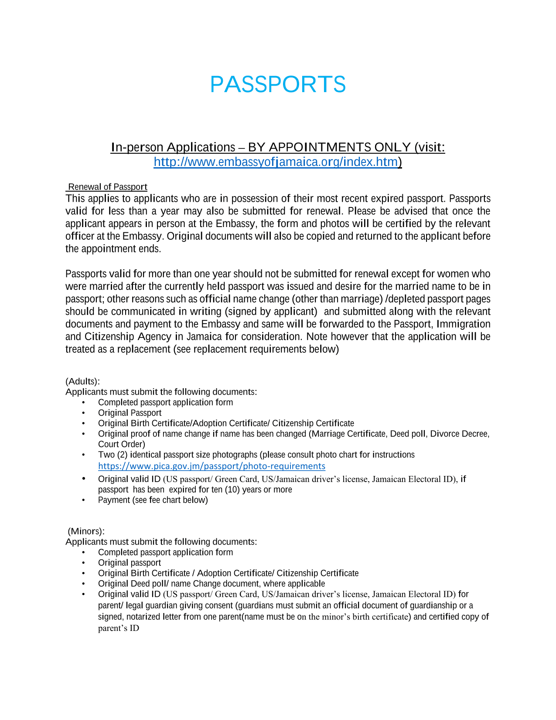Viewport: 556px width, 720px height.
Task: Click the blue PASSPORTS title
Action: tap(278, 84)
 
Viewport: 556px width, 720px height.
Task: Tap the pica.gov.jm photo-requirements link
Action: tap(211, 466)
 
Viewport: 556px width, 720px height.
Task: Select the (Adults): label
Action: tap(83, 381)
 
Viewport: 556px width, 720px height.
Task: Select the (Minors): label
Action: tap(86, 531)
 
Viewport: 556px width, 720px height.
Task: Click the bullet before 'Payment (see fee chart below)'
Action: tap(84, 500)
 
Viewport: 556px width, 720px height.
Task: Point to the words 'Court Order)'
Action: tap(122, 444)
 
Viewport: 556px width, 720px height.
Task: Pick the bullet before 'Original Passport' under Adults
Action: tap(84, 413)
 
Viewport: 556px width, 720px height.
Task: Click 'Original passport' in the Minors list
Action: tap(130, 563)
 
